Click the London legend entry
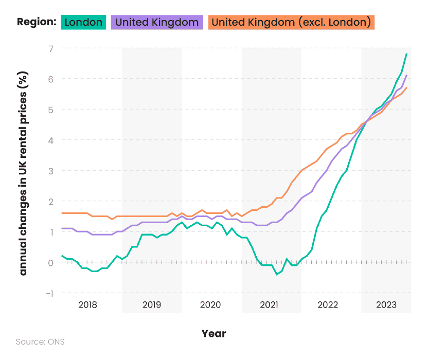click(x=84, y=22)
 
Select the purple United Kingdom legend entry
click(x=156, y=22)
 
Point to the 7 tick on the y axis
click(x=51, y=48)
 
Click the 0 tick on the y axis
click(x=51, y=262)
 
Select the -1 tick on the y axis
click(x=49, y=293)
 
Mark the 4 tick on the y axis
click(x=51, y=140)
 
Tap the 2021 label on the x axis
click(x=269, y=305)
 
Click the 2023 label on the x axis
click(x=386, y=305)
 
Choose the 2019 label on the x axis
click(x=152, y=305)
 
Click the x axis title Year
click(x=213, y=334)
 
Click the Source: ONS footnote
click(x=40, y=341)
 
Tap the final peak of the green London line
click(x=407, y=54)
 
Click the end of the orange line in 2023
click(x=407, y=87)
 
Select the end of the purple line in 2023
click(x=407, y=76)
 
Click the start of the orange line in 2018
click(x=62, y=213)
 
